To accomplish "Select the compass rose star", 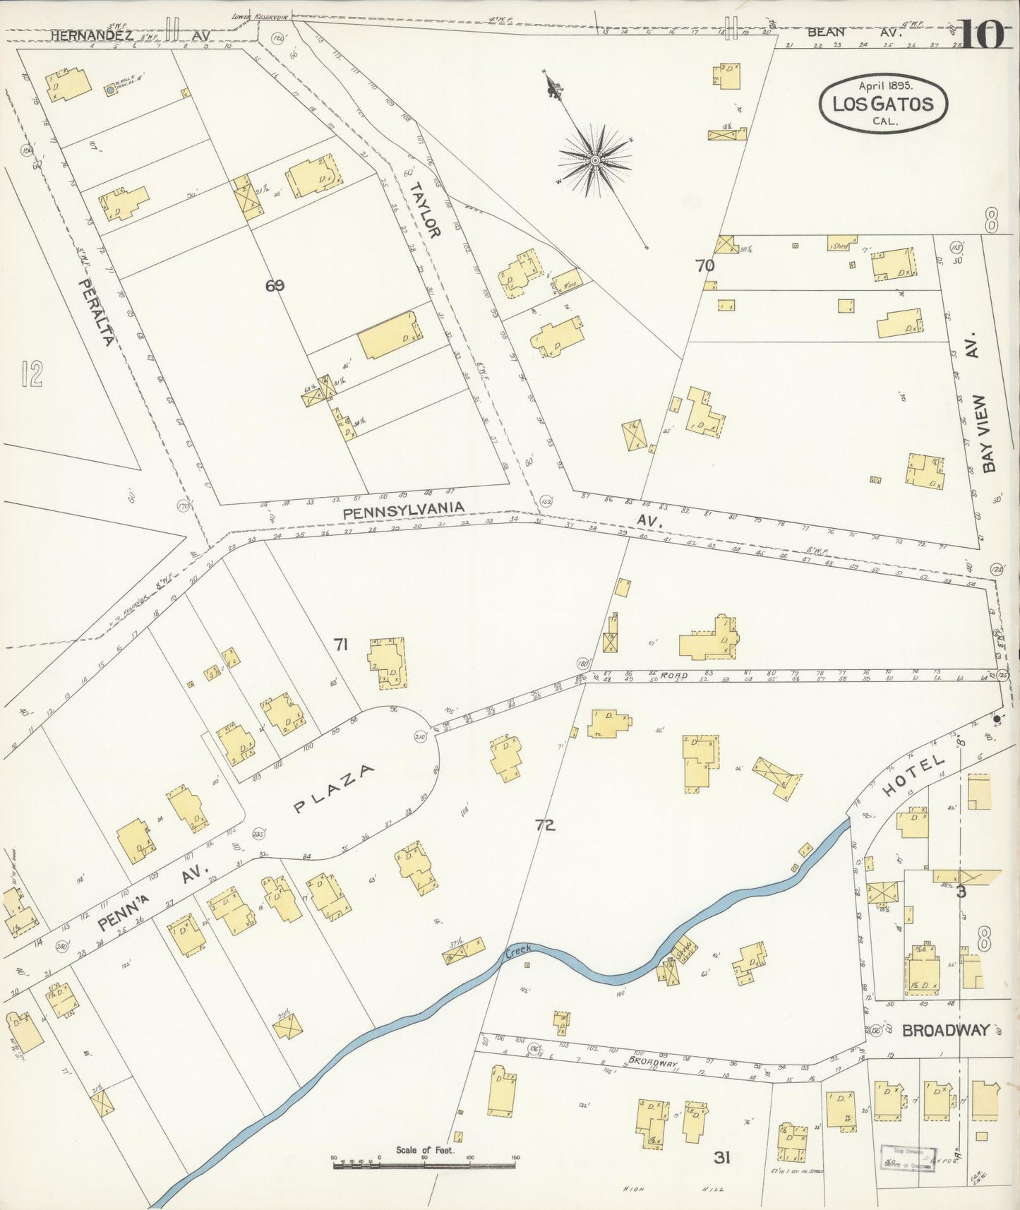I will (595, 160).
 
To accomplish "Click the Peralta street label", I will (96, 312).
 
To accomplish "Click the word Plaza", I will (335, 789).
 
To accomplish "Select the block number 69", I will (275, 285).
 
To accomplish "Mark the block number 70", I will (704, 265).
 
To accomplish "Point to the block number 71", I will (341, 644).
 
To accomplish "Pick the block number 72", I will (544, 824).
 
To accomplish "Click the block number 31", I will (721, 1158).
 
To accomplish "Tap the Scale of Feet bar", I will (424, 1162).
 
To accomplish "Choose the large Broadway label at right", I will (946, 1030).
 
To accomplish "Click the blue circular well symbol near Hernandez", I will (110, 90).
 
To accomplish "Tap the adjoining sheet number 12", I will (32, 373).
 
